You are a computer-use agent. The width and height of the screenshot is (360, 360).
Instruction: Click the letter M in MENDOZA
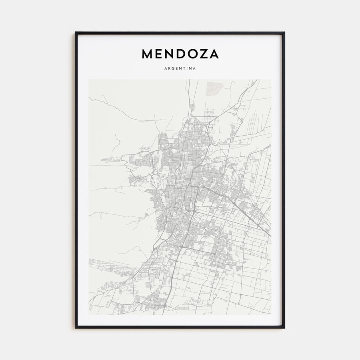tap(148, 54)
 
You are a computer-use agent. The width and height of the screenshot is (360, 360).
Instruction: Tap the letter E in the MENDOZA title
tap(160, 54)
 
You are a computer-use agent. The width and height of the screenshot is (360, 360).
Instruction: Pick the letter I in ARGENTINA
tap(187, 68)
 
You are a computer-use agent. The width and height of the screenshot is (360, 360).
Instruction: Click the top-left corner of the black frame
tap(76, 32)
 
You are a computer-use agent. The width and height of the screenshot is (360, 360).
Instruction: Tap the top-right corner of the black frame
tap(284, 32)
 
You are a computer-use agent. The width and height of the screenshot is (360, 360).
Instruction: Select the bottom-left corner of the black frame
tap(76, 328)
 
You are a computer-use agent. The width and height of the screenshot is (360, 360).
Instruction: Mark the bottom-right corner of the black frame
tap(284, 328)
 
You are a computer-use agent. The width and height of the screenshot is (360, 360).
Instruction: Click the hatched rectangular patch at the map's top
tap(214, 88)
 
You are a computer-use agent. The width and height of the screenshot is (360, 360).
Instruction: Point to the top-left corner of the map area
tap(89, 79)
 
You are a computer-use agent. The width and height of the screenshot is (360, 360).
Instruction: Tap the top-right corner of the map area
tap(271, 79)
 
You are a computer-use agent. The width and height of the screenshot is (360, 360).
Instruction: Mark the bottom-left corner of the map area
tap(89, 315)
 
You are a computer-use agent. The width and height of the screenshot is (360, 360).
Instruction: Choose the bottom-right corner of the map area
tap(271, 315)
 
